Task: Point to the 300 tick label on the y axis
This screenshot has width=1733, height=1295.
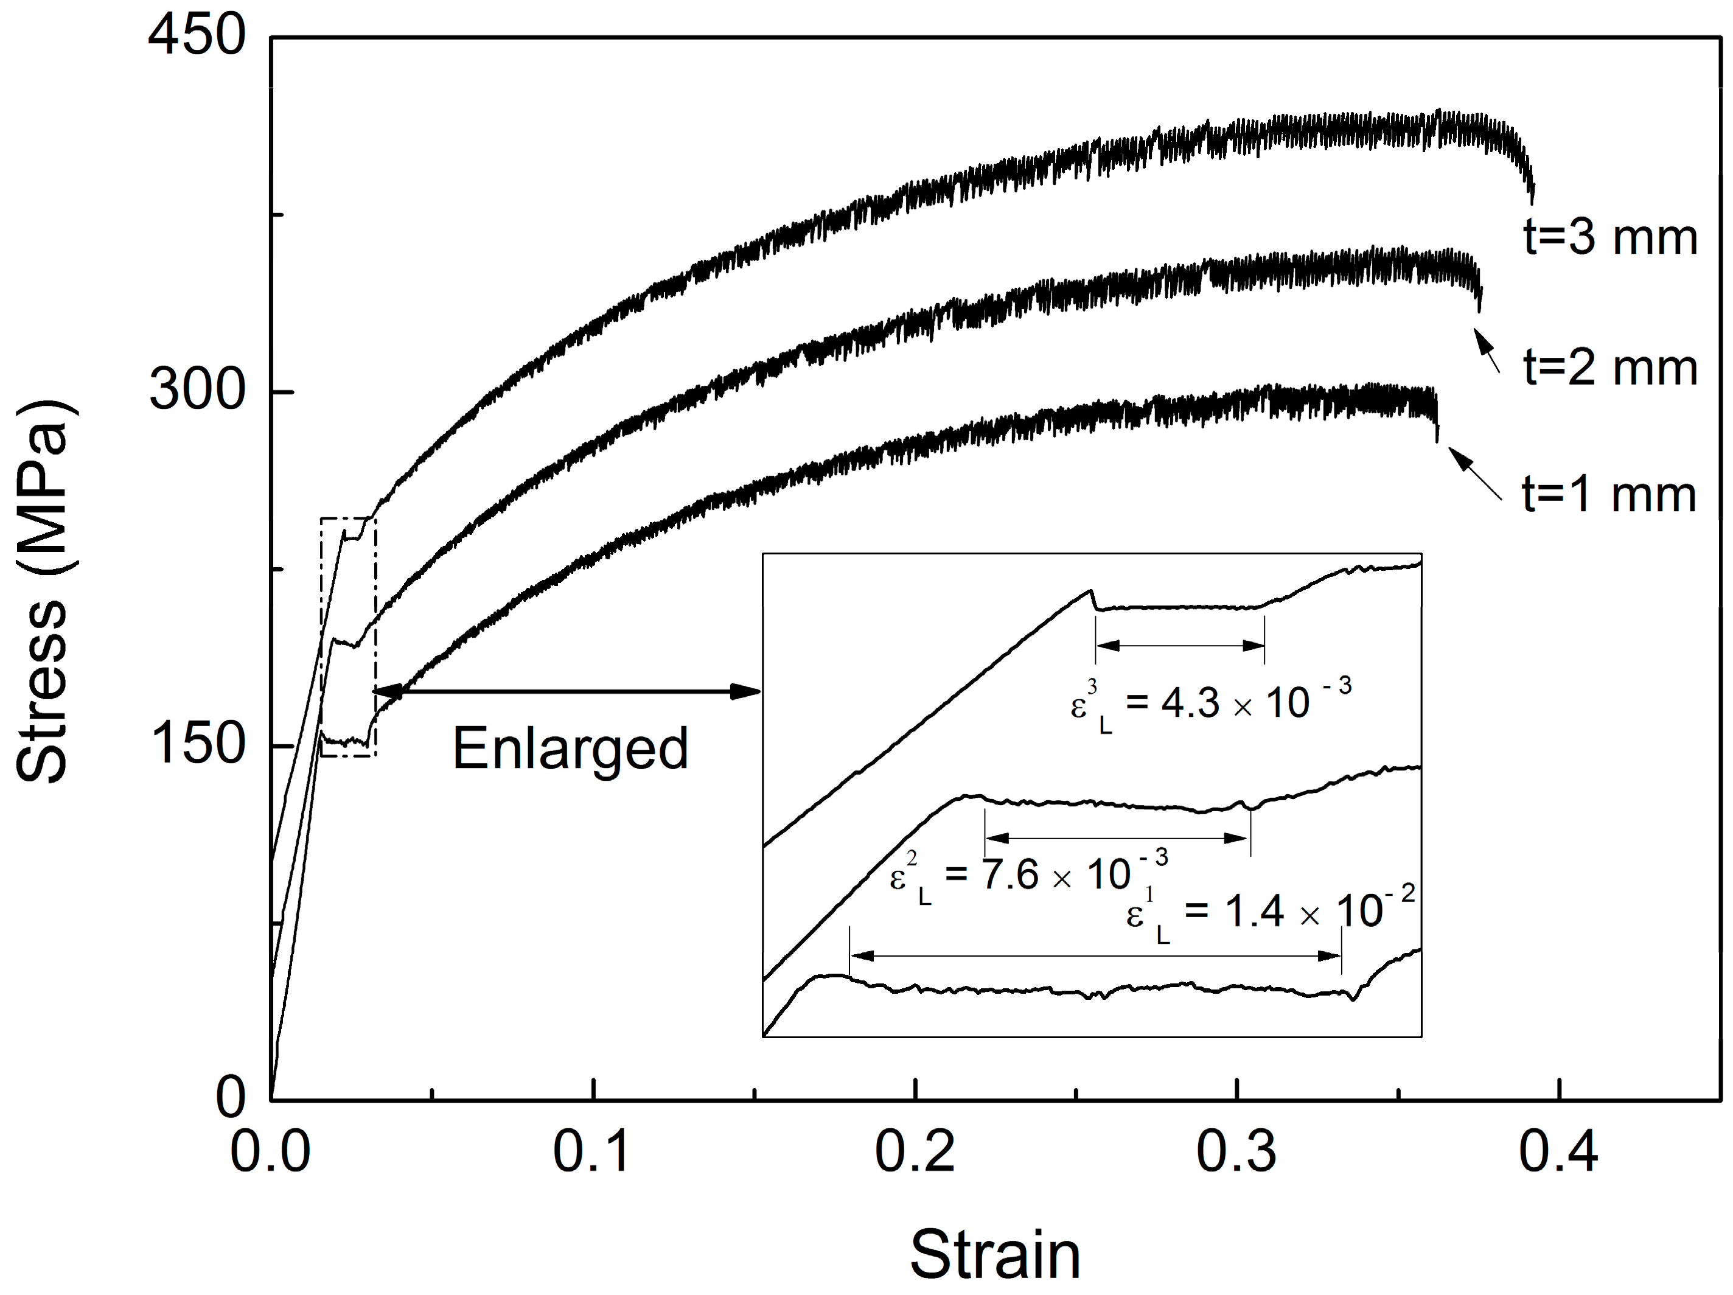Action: click(x=197, y=390)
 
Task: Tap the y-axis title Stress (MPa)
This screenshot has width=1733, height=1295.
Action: click(x=43, y=592)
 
